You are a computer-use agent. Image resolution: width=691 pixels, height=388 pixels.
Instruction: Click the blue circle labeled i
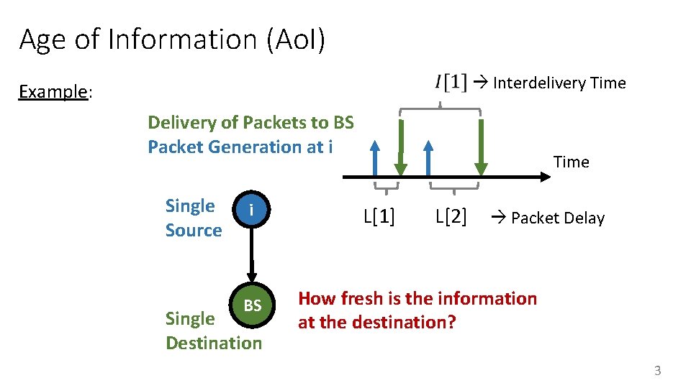pyautogui.click(x=251, y=210)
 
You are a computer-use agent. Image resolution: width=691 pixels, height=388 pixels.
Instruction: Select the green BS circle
pyautogui.click(x=252, y=306)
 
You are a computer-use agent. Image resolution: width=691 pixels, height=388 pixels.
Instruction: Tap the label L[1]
pyautogui.click(x=379, y=216)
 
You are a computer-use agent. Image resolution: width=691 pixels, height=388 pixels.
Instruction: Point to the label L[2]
pyautogui.click(x=451, y=216)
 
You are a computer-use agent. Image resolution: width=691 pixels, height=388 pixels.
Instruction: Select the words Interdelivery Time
pyautogui.click(x=559, y=83)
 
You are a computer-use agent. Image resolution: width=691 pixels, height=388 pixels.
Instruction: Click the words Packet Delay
pyautogui.click(x=557, y=218)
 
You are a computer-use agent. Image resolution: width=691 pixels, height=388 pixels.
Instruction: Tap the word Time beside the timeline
pyautogui.click(x=571, y=162)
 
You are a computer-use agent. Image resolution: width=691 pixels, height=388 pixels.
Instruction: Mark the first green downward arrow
pyautogui.click(x=401, y=147)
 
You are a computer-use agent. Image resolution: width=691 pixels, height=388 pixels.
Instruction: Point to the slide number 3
pyautogui.click(x=656, y=371)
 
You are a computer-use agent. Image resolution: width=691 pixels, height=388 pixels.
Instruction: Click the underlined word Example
pyautogui.click(x=53, y=92)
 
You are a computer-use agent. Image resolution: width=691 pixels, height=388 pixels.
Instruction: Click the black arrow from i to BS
pyautogui.click(x=252, y=255)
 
